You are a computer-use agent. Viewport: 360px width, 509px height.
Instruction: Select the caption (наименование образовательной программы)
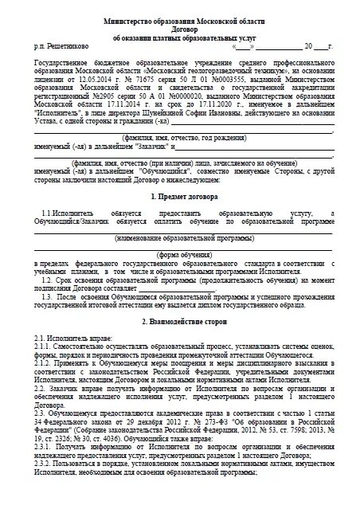(x=180, y=237)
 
